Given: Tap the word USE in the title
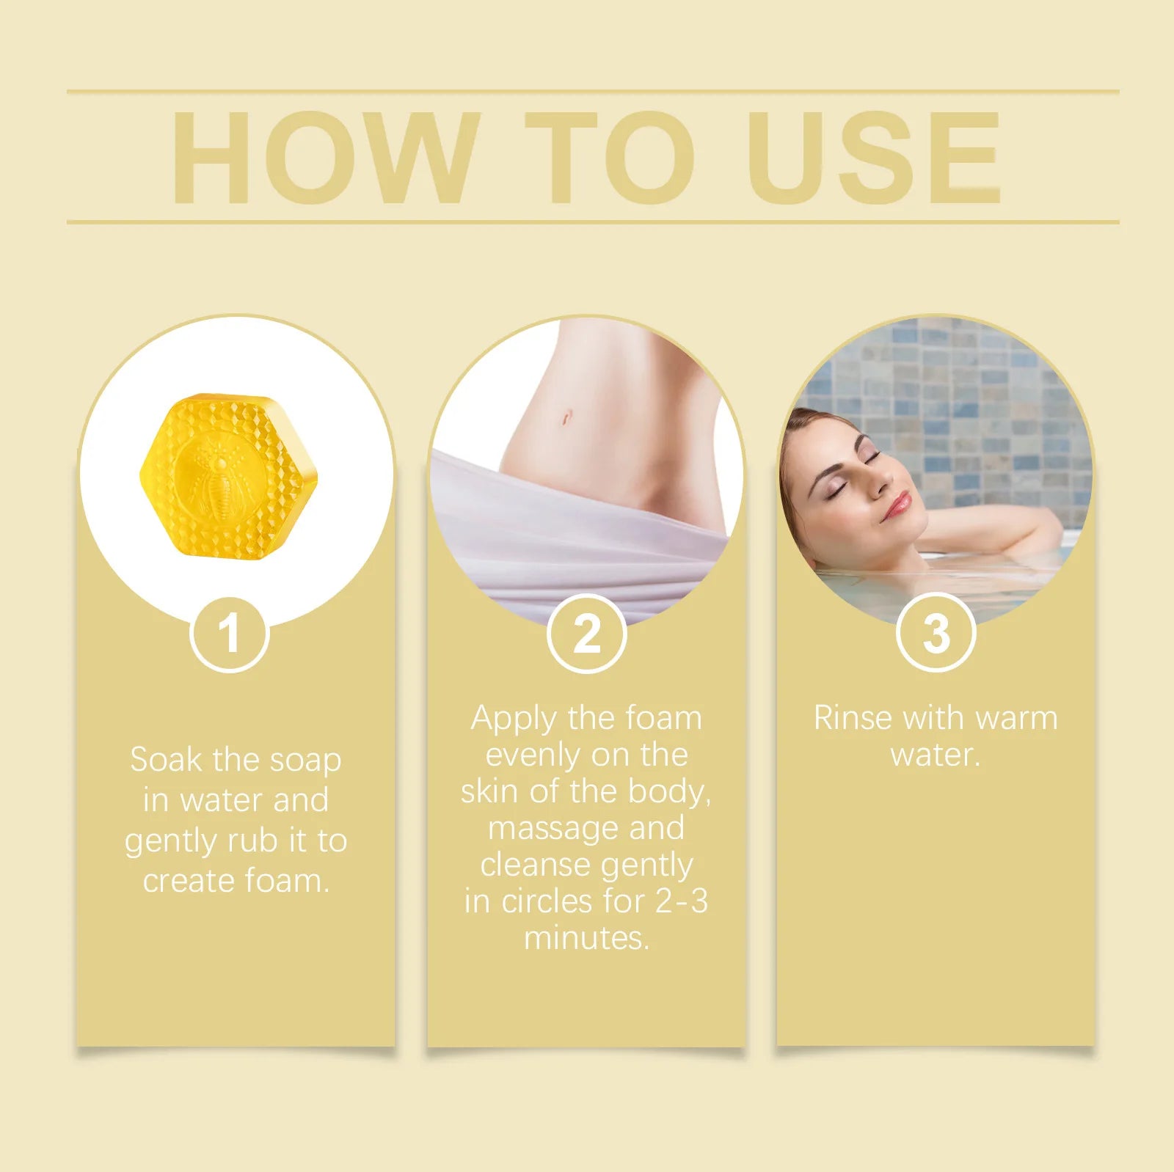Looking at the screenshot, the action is [x=874, y=158].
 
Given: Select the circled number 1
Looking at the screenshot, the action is [x=230, y=633].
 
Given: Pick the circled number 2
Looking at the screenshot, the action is [x=587, y=633].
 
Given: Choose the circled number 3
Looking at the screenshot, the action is [x=936, y=633].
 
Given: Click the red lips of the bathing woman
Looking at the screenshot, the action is [x=898, y=505].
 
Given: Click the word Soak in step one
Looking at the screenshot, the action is [x=166, y=760].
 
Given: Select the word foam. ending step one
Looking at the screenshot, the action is [x=288, y=880].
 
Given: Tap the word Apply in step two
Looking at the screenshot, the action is [x=514, y=719].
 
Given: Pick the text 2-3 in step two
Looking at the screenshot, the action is [x=682, y=901].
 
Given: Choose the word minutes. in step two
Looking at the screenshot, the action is [x=587, y=938].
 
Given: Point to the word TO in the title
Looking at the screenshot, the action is [x=610, y=158].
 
